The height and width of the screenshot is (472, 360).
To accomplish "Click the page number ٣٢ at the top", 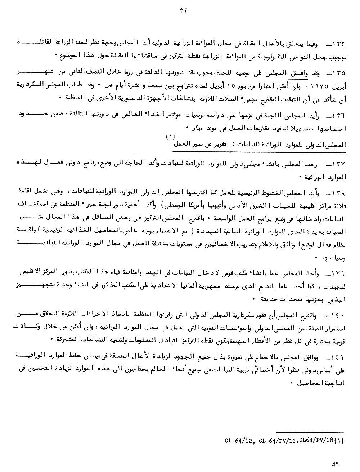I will pos(179,10).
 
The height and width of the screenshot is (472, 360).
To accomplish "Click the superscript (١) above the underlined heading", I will pos(170,137).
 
